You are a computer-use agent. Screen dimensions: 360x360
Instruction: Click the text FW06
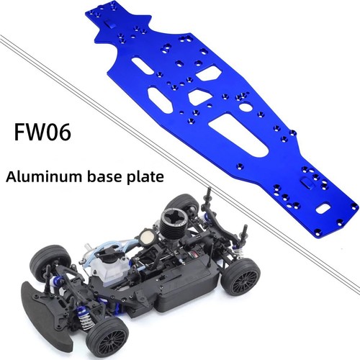[42, 132]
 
